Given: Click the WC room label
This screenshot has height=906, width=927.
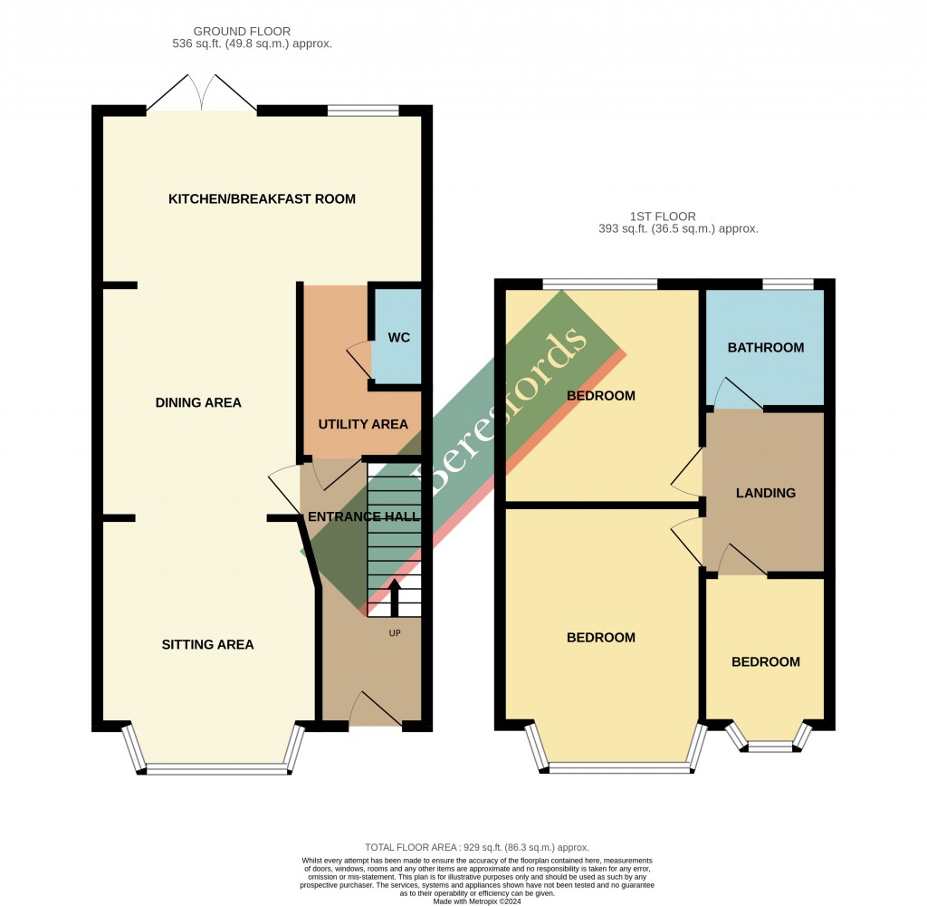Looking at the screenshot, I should (399, 338).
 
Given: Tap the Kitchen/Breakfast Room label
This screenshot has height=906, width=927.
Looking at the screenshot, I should (262, 198).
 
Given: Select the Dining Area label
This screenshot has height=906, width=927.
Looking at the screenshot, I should (198, 402).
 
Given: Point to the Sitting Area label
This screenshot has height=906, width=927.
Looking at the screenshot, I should (207, 645).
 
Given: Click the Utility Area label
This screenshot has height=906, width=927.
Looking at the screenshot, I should (363, 424).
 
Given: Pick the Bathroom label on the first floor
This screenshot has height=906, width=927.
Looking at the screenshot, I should (766, 347).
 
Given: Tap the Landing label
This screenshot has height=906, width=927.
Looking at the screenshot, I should (766, 493).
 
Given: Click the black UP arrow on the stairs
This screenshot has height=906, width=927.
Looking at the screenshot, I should (394, 597).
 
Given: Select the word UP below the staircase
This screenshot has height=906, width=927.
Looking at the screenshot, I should (394, 632).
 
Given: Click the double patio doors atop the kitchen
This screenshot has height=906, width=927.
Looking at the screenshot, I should (202, 93).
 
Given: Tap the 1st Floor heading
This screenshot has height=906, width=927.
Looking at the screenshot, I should (663, 217).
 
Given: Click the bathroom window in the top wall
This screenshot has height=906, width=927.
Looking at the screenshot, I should (788, 284).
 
